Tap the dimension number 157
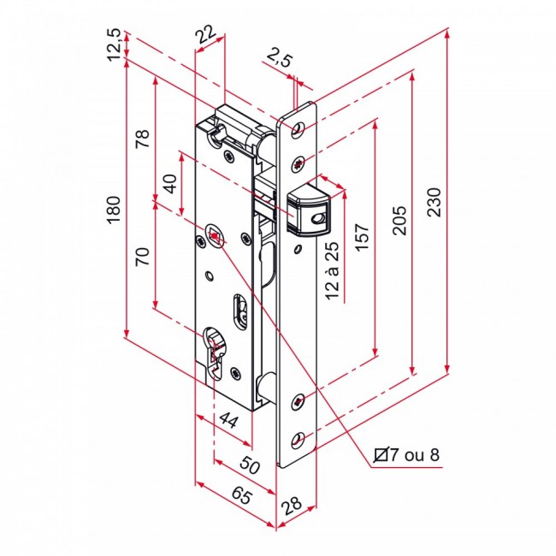362,241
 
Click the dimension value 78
142,139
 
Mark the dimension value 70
142,257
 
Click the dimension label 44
227,419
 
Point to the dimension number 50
249,466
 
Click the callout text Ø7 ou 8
408,454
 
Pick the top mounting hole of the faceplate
297,129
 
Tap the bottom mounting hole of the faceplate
297,439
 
